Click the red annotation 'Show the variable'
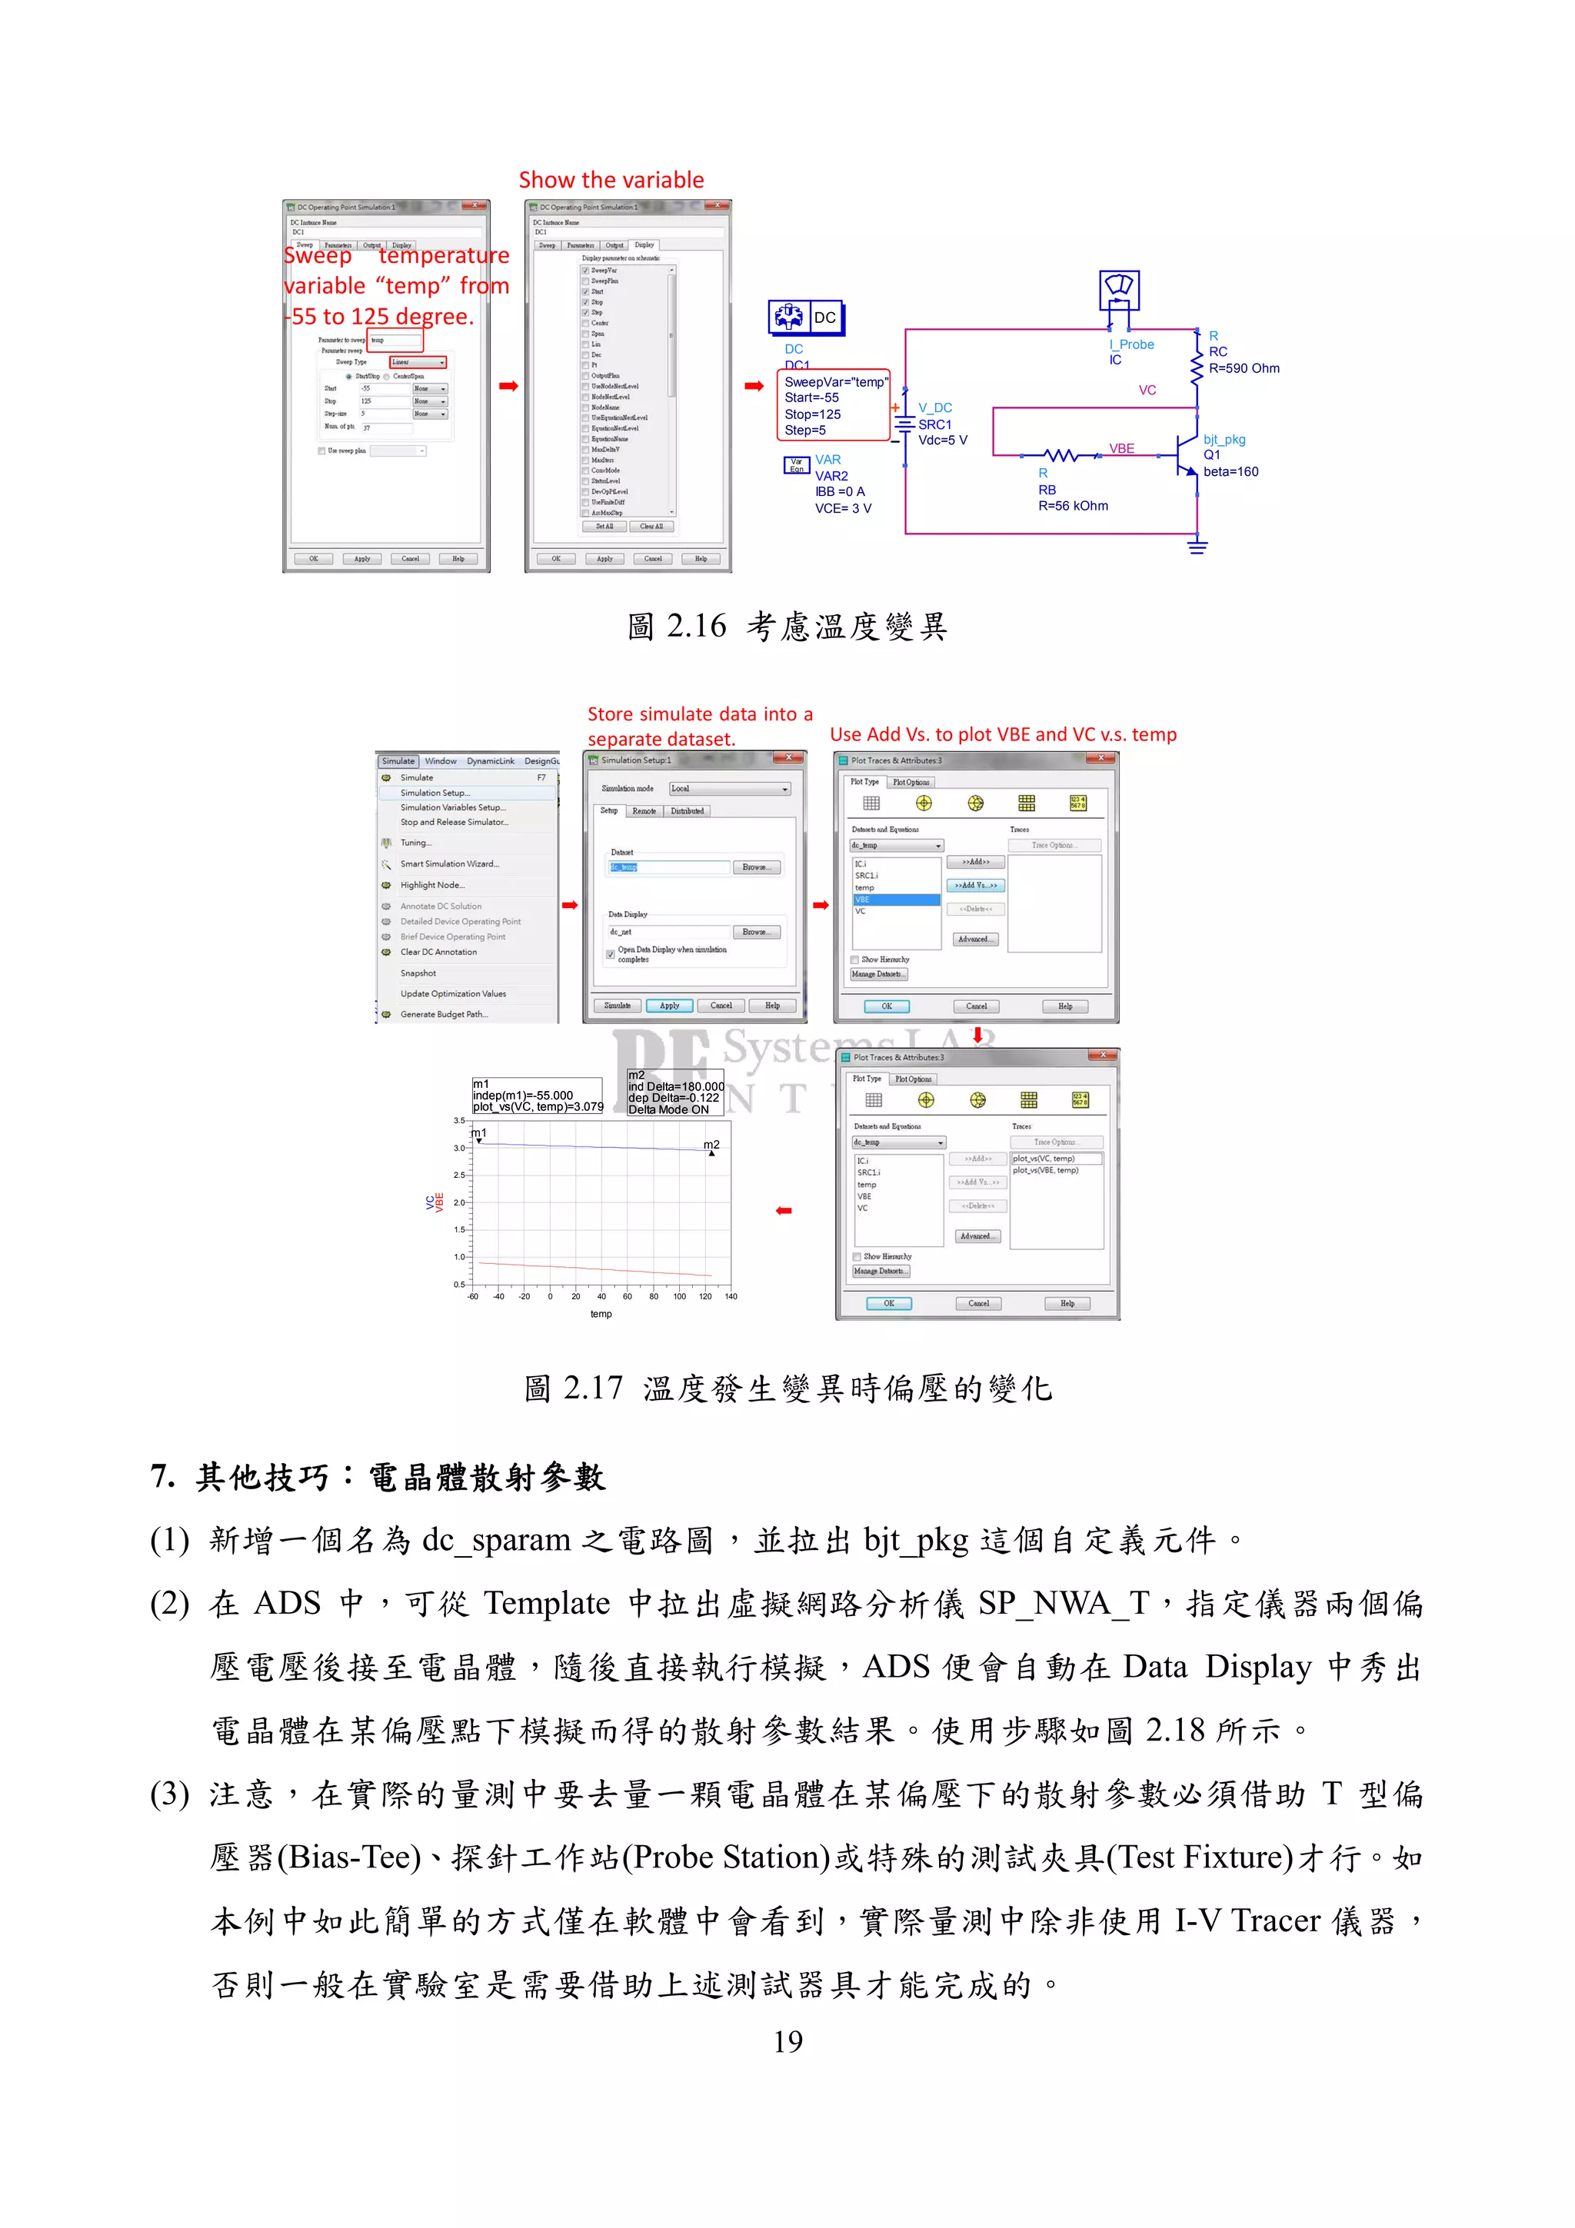(x=611, y=180)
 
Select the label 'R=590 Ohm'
(x=1244, y=369)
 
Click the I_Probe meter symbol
(x=1119, y=289)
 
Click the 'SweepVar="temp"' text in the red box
(x=835, y=382)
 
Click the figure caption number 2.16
(x=696, y=627)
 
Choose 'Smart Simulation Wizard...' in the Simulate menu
(x=449, y=863)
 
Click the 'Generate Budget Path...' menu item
(x=444, y=1014)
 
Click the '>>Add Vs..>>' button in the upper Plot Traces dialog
(x=975, y=885)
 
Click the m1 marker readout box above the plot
(x=538, y=1096)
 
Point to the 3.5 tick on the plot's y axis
(x=459, y=1121)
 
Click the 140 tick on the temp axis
(x=731, y=1296)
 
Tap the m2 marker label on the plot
(x=711, y=1145)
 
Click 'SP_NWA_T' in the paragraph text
(x=1063, y=1603)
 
